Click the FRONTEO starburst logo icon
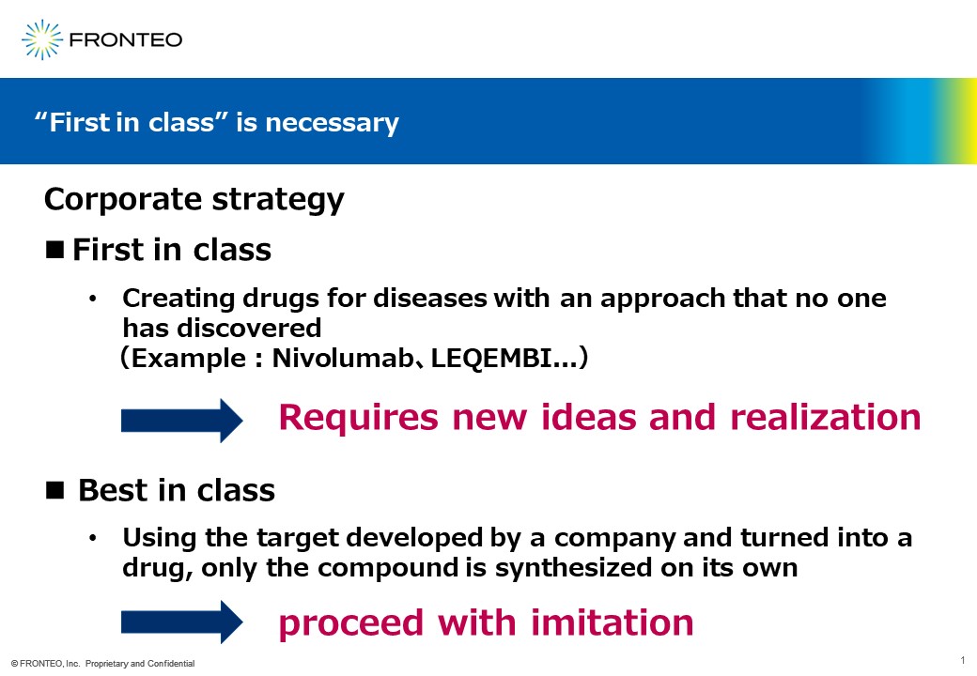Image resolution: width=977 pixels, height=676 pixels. click(x=41, y=39)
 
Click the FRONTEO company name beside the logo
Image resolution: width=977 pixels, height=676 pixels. click(x=126, y=39)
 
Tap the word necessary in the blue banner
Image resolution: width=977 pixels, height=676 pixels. click(x=333, y=123)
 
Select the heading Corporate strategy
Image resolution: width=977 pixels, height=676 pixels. click(x=194, y=200)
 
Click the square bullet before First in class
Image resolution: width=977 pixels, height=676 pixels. click(x=54, y=250)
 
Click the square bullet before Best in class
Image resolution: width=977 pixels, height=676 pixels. click(x=54, y=490)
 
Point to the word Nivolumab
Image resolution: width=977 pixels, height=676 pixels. click(x=343, y=358)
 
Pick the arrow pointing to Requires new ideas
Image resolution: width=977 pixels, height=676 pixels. click(x=182, y=421)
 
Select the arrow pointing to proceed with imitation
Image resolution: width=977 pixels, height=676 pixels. click(x=182, y=622)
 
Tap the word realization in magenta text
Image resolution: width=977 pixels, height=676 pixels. click(x=826, y=417)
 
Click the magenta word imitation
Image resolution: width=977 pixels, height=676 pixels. click(x=613, y=622)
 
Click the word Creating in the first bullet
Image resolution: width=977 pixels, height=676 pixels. click(x=178, y=300)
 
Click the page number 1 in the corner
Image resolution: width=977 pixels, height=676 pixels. click(x=963, y=660)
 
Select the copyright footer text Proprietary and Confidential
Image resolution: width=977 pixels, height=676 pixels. click(x=140, y=664)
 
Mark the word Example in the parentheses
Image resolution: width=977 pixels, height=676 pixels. click(x=189, y=359)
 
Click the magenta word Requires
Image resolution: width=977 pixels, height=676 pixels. click(x=358, y=418)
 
